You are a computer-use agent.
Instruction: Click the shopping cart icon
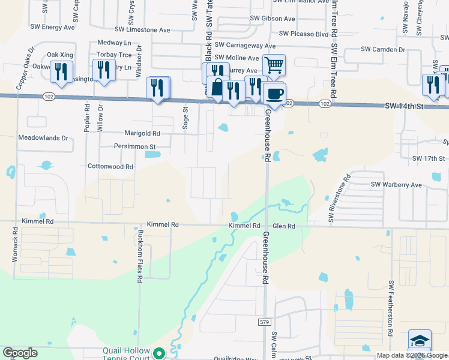click(x=274, y=65)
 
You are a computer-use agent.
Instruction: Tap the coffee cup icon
click(x=274, y=94)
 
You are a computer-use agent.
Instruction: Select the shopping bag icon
click(x=217, y=86)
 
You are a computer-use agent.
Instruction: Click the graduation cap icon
click(x=420, y=340)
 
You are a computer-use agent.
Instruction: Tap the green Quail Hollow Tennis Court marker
click(x=159, y=353)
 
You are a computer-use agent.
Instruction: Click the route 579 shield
click(x=265, y=322)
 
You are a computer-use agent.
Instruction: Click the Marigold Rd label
click(x=142, y=133)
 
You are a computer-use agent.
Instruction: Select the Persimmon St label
click(x=135, y=146)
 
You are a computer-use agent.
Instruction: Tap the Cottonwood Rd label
click(x=110, y=166)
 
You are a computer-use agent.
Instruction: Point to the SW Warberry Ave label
click(x=396, y=184)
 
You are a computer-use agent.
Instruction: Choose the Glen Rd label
click(x=284, y=226)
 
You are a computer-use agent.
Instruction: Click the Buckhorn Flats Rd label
click(x=139, y=255)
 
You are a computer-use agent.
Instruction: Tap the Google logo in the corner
click(x=20, y=353)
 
